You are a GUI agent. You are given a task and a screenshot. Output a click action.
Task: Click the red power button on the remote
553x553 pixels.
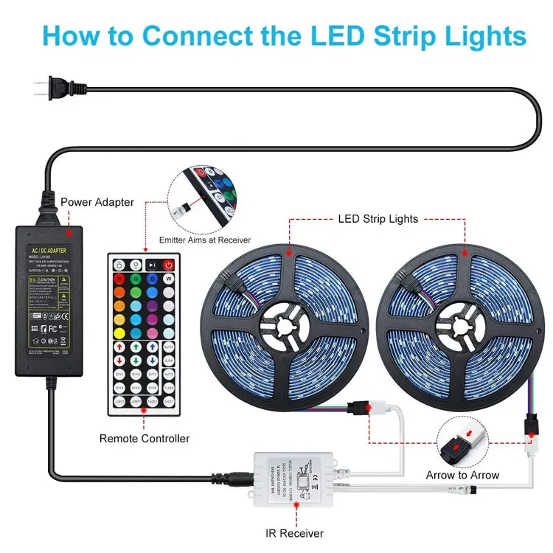(x=168, y=265)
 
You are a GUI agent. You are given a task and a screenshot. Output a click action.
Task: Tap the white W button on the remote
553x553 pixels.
(x=168, y=279)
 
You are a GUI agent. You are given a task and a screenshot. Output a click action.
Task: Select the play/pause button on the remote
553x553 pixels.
(x=151, y=265)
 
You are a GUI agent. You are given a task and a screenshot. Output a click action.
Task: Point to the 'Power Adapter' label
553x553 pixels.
(x=97, y=201)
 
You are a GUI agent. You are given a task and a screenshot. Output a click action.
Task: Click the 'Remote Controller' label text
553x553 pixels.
(x=145, y=439)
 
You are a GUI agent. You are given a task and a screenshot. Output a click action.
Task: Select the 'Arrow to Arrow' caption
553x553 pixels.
(x=462, y=475)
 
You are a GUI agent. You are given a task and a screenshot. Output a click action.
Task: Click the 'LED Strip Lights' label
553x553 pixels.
(x=378, y=219)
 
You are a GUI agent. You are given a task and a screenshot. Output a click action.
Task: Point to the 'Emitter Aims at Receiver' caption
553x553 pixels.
(x=205, y=240)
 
